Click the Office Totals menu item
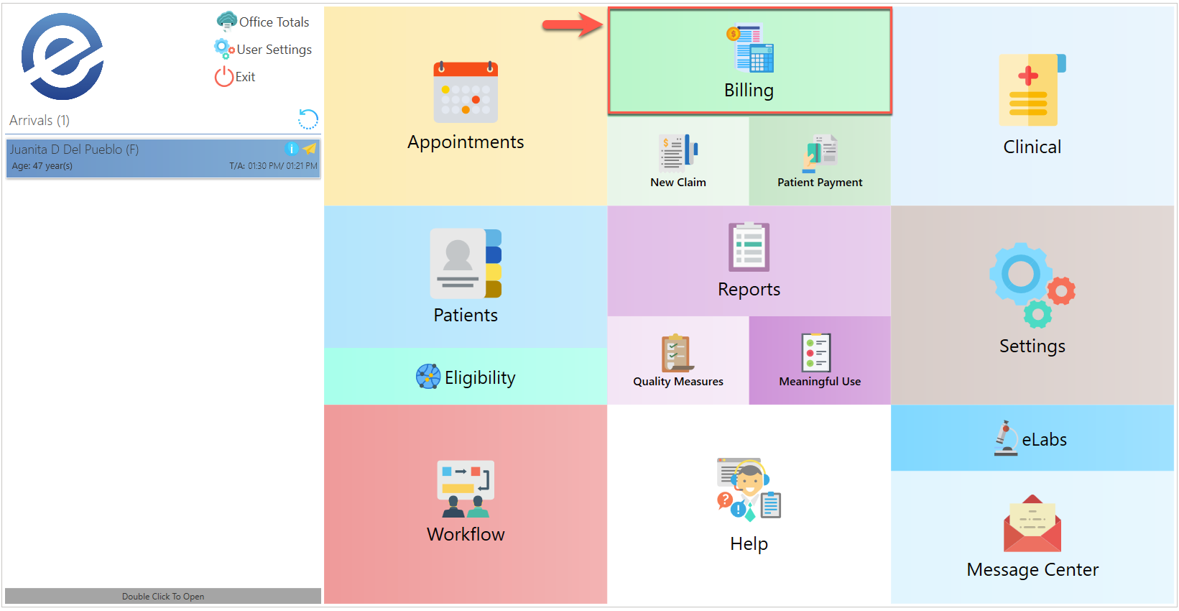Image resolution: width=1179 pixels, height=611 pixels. tap(273, 22)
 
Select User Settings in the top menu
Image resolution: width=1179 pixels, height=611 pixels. tap(273, 50)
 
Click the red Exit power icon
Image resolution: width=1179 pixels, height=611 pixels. tap(223, 77)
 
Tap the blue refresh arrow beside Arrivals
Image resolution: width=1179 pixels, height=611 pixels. tap(308, 119)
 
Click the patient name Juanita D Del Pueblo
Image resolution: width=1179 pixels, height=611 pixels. tap(74, 150)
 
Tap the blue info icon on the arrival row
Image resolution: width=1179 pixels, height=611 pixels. tap(292, 149)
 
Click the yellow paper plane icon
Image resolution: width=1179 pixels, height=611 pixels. tap(310, 149)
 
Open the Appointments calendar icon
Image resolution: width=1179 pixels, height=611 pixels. tap(466, 92)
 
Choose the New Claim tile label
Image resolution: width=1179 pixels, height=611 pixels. tap(678, 183)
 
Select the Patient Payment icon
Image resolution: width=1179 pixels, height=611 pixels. tap(820, 152)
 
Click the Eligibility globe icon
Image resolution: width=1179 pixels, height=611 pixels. tap(428, 377)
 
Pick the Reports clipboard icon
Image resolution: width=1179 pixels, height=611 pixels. tap(749, 247)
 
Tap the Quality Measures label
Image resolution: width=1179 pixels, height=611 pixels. tap(678, 382)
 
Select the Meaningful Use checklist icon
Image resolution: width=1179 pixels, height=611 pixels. tap(816, 352)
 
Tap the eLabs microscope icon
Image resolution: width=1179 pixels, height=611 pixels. tap(1006, 438)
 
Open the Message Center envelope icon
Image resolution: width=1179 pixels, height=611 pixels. tap(1032, 523)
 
